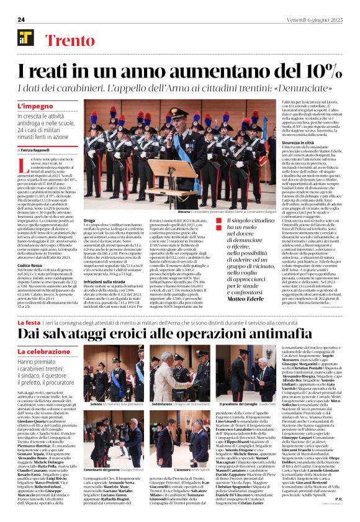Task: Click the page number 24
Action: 20,19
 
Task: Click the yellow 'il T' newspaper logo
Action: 25,38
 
